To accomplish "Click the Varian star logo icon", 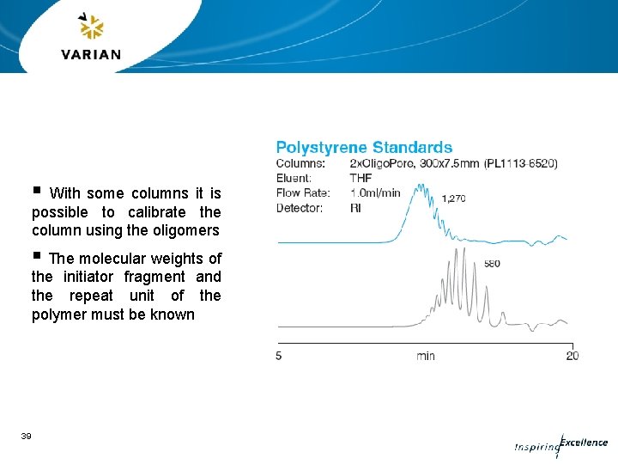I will (90, 27).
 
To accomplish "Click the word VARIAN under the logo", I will (91, 55).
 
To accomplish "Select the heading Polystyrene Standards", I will (364, 148).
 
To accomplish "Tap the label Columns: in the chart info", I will (300, 163).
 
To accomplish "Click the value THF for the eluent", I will (361, 178).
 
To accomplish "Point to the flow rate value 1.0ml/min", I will (375, 192).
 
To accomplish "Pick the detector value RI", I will (356, 208).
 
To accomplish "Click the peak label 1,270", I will (453, 198).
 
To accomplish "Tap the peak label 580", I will (492, 264).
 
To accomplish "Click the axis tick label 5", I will (279, 356).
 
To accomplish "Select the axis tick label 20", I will (572, 356).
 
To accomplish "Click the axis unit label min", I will (426, 356).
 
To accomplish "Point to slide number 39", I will (27, 437).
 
